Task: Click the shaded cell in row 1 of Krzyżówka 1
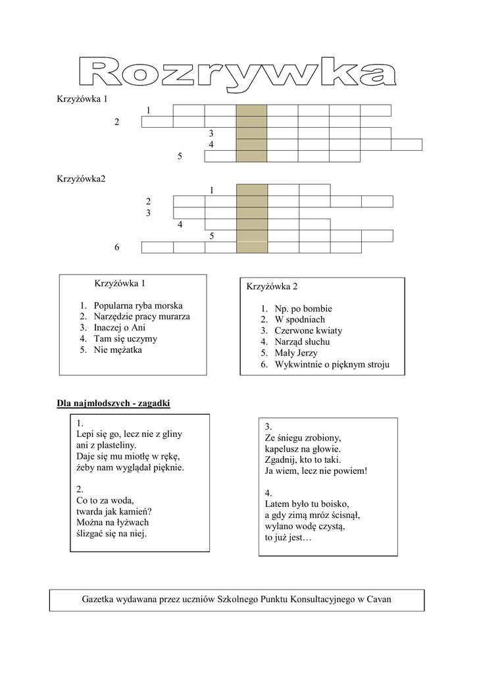tap(251, 110)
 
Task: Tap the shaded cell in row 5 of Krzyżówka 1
tap(251, 156)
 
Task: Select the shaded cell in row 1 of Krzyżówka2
tap(252, 190)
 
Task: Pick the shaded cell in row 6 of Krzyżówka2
tap(252, 247)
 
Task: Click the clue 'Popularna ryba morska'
tap(138, 305)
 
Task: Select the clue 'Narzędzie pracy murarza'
tap(141, 317)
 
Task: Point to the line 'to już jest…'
tap(288, 538)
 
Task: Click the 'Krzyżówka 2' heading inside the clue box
tap(272, 286)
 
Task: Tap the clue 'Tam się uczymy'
tap(126, 338)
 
